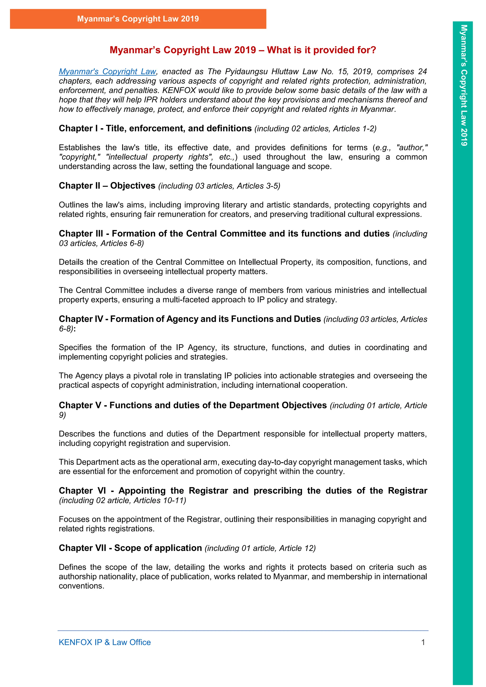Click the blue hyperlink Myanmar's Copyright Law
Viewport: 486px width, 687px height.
[107, 71]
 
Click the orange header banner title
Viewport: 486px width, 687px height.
[138, 19]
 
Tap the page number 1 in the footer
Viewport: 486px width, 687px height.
[423, 642]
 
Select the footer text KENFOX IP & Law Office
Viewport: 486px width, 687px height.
[105, 642]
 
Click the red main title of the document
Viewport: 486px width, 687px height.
[243, 50]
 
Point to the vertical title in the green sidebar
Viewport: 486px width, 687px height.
[463, 85]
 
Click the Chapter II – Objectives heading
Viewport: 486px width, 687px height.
[107, 186]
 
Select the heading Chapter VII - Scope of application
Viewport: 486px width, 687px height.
[130, 548]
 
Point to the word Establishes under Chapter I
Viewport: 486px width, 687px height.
[79, 148]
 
